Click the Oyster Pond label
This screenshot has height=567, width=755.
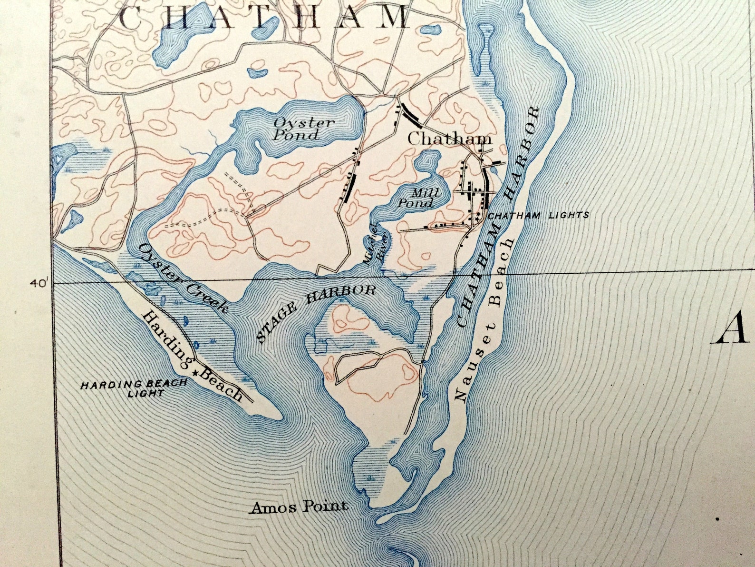click(x=303, y=129)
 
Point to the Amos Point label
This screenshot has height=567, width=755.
click(x=299, y=507)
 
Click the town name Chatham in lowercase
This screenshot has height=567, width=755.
click(x=449, y=139)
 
